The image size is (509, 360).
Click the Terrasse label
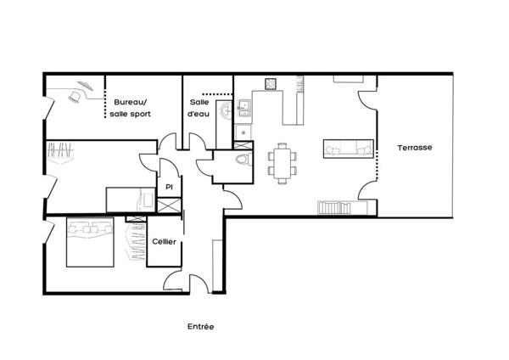click(415, 148)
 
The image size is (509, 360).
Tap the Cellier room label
click(165, 241)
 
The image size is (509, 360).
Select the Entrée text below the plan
click(200, 327)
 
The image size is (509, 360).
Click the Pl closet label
click(169, 187)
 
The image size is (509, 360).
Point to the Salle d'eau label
click(199, 108)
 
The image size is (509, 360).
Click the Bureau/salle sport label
click(130, 108)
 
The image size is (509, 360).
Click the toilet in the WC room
click(243, 160)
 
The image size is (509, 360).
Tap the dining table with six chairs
click(282, 163)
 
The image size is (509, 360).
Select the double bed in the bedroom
click(90, 242)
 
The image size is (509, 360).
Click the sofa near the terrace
click(349, 149)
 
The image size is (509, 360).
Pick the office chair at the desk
click(75, 97)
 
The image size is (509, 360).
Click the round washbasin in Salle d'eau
click(227, 110)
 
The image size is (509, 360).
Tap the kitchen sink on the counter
click(244, 107)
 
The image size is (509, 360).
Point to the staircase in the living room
click(334, 208)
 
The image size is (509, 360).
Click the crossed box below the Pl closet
click(169, 205)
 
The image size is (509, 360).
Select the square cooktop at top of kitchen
click(271, 84)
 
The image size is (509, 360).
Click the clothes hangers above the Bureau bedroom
click(60, 152)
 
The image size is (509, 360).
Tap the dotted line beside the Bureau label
click(105, 97)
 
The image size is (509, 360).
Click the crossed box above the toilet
click(243, 145)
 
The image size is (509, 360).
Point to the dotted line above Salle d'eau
click(217, 94)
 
